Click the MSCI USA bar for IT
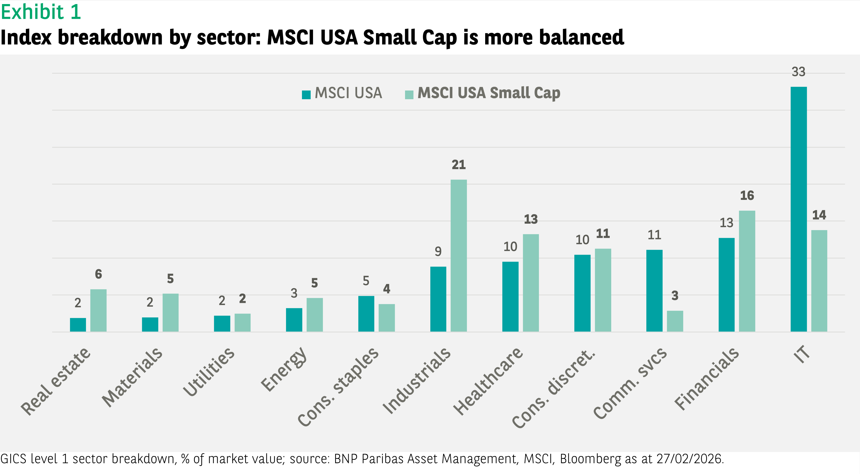point(798,209)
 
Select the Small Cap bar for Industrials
point(458,256)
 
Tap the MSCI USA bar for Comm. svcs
point(654,291)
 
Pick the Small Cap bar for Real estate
point(98,310)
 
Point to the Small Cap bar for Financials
point(747,271)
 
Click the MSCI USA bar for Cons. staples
point(366,314)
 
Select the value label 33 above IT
point(798,72)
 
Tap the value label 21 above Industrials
point(458,165)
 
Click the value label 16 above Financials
point(747,196)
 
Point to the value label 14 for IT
point(819,215)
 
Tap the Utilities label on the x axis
point(209,372)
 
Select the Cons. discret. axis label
point(553,389)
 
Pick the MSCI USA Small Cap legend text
point(488,93)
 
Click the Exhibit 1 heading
point(41,12)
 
